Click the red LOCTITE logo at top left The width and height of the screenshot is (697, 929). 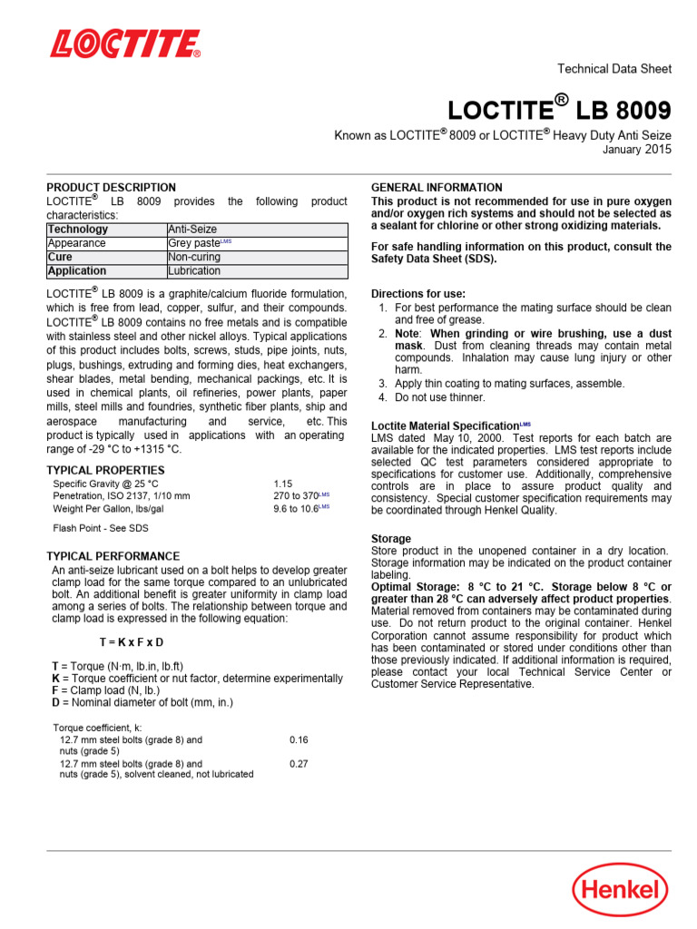tap(125, 44)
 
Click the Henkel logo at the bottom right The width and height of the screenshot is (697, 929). tap(621, 888)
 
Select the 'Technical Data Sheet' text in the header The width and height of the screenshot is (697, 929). tap(614, 69)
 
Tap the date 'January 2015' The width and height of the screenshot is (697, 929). tap(637, 150)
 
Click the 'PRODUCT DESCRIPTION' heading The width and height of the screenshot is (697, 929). tap(112, 188)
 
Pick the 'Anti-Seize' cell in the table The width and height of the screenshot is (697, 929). tap(192, 230)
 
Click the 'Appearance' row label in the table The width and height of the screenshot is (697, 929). tap(76, 243)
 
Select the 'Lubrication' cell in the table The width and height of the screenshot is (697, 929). tap(194, 270)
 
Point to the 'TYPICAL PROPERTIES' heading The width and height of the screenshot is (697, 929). tap(105, 470)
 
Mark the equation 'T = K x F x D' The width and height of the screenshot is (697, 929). tap(132, 641)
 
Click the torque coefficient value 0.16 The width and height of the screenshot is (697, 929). tap(299, 739)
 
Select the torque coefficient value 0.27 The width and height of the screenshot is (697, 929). tap(299, 764)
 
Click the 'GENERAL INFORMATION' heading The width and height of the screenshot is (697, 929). tap(437, 188)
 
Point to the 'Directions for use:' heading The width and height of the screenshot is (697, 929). tap(418, 294)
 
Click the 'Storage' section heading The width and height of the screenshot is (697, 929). tap(391, 539)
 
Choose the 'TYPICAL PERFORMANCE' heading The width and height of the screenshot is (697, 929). tap(113, 556)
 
